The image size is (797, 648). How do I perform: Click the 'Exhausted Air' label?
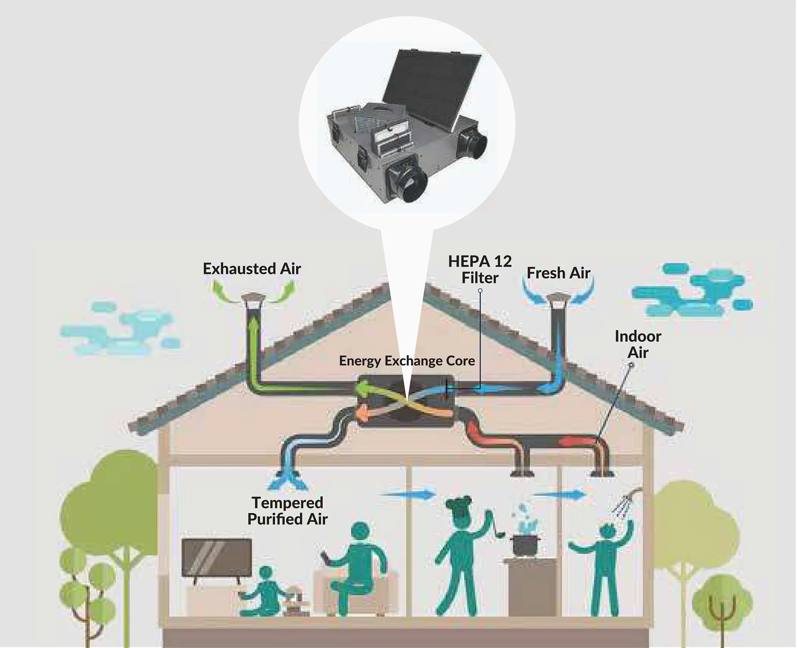pos(252,269)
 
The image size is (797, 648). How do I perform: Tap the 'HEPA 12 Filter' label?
pos(480,269)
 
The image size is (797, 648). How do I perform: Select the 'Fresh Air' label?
pos(558,273)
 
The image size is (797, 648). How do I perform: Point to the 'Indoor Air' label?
pos(638,344)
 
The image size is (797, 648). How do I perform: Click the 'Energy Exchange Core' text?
pos(407,360)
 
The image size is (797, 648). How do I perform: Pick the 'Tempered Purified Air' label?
pos(287,511)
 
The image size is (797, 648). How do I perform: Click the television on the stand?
pos(217,558)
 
